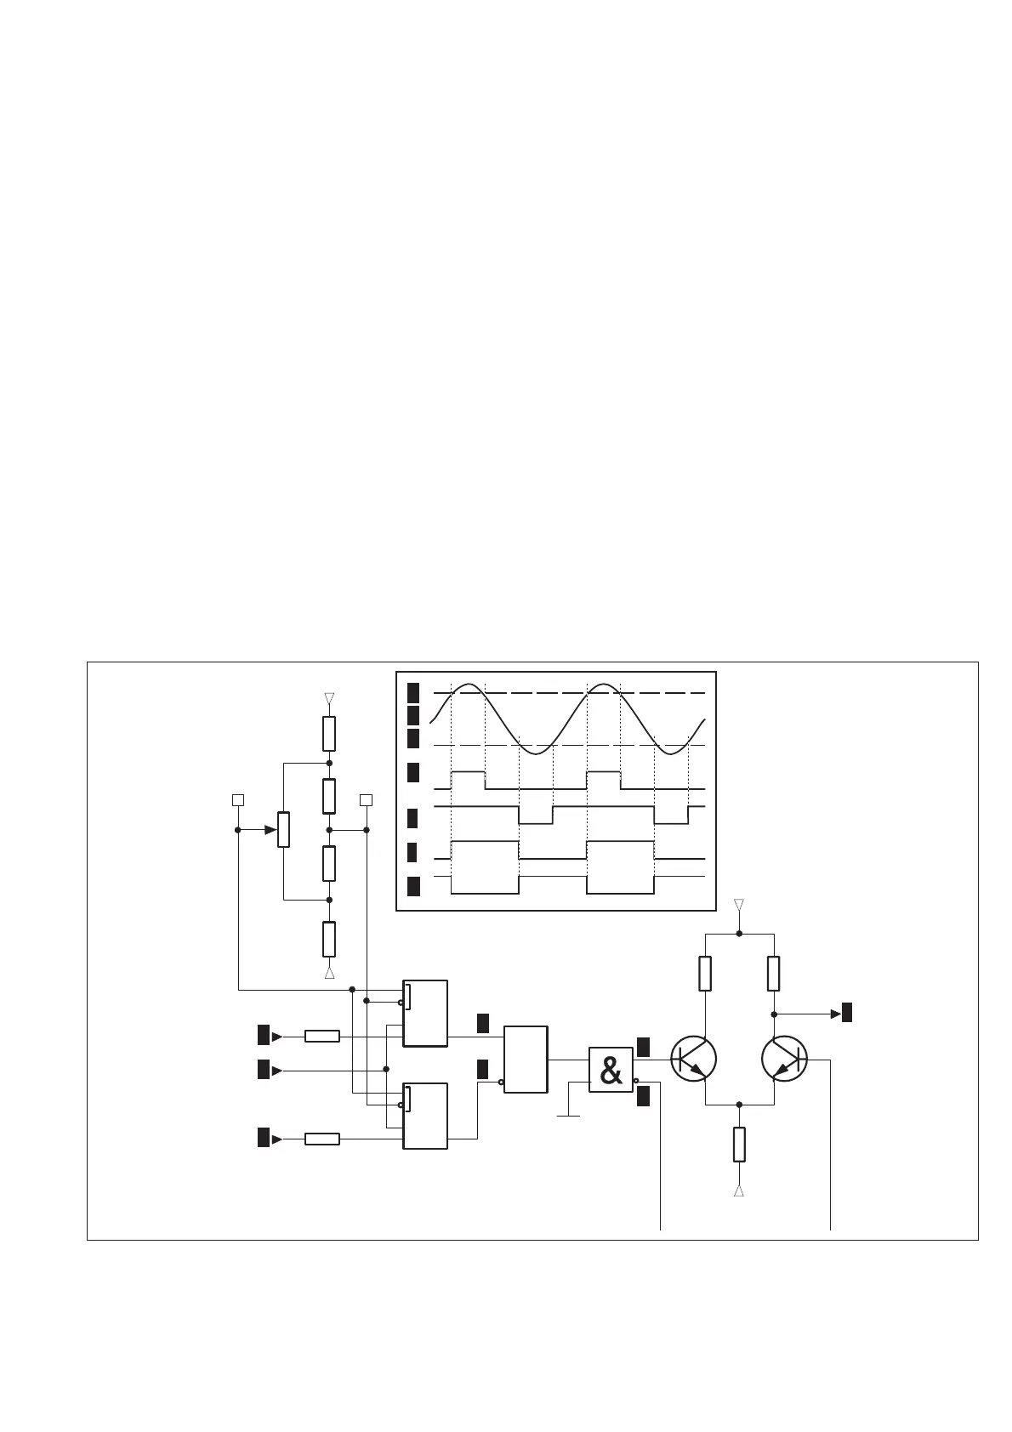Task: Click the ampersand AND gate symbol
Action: point(611,1071)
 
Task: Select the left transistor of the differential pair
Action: point(693,1060)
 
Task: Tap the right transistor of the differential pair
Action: point(783,1060)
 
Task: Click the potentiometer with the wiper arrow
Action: point(283,829)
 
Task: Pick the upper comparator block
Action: point(425,1014)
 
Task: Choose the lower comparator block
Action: point(425,1116)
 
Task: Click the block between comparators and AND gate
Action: point(526,1060)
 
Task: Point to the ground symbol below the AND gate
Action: point(568,1115)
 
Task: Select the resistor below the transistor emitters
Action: point(739,1144)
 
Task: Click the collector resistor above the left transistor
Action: point(705,974)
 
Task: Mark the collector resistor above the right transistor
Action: point(773,974)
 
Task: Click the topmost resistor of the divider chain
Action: point(329,733)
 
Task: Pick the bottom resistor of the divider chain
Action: point(329,939)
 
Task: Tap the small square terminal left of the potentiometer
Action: point(238,799)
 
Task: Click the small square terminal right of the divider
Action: point(366,799)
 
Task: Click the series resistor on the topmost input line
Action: point(322,1036)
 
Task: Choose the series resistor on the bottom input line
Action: point(322,1139)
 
